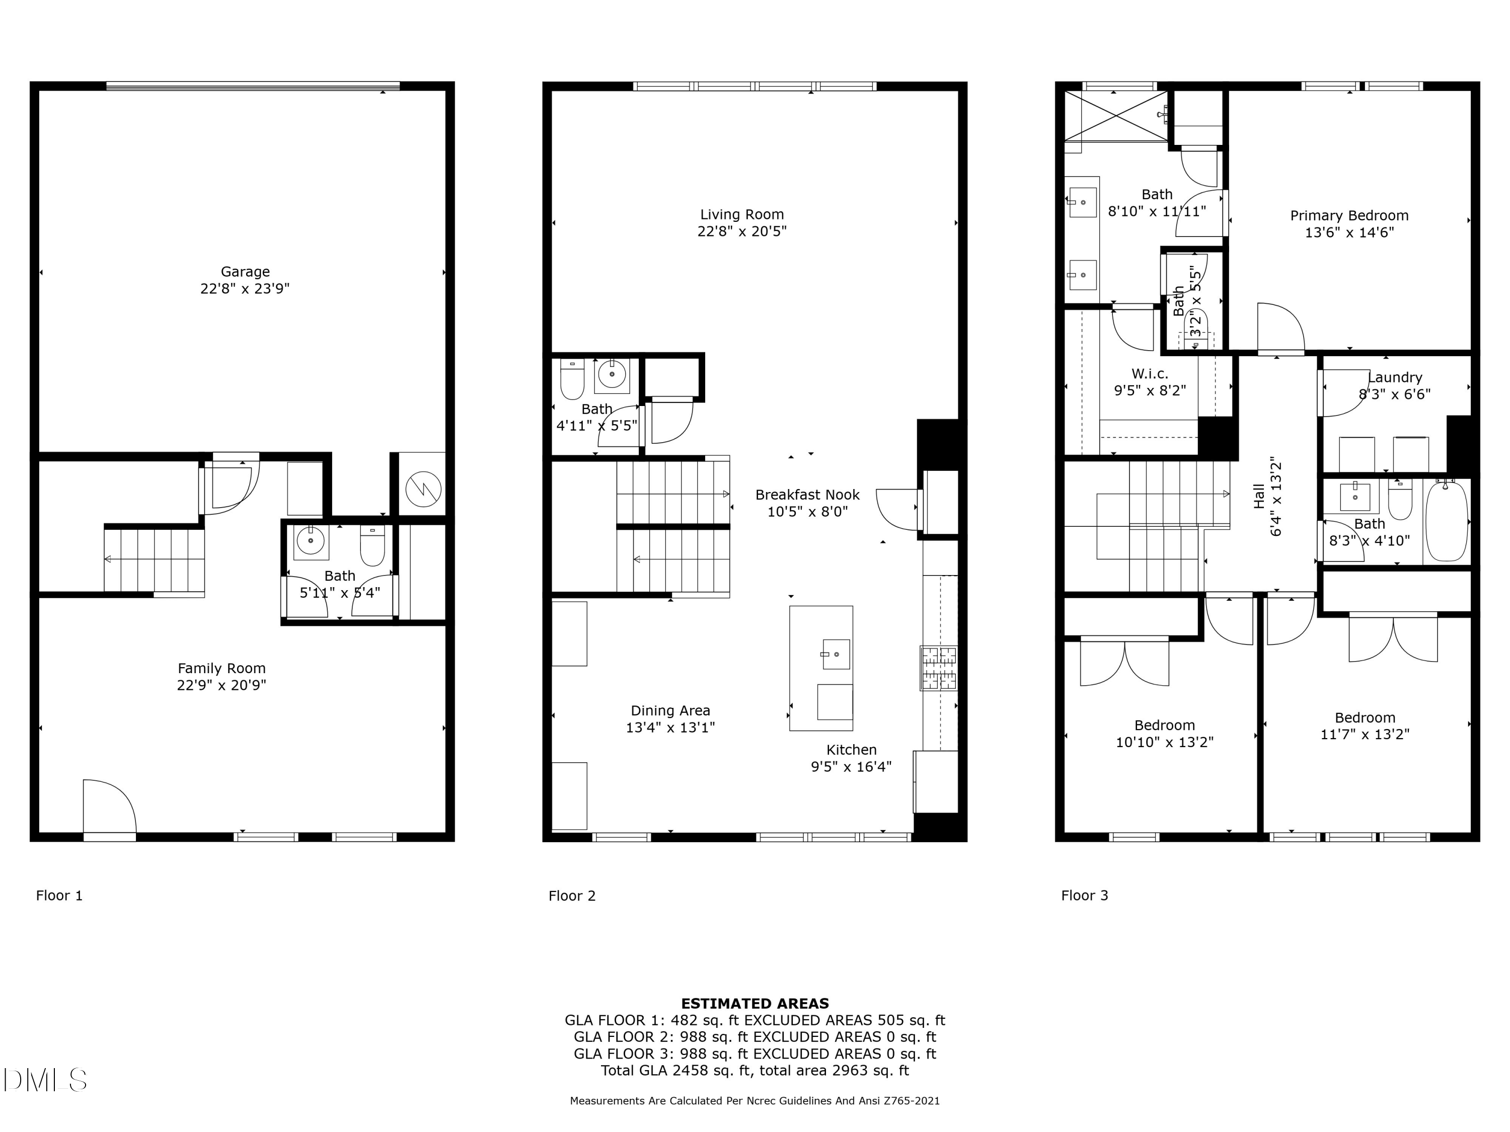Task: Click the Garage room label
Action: [245, 272]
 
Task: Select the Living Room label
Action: [742, 214]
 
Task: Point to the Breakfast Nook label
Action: [807, 495]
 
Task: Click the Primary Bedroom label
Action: [1349, 216]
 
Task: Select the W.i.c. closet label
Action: [1150, 374]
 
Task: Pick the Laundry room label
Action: [1395, 377]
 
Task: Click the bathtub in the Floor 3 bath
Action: [1447, 521]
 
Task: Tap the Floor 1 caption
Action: [59, 895]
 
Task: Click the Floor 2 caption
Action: [572, 895]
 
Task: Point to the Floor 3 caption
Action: [1085, 895]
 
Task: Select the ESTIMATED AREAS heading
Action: [755, 1004]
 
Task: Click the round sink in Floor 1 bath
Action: [311, 541]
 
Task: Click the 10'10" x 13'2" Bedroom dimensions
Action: [1165, 742]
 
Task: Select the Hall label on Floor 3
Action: [1259, 496]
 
